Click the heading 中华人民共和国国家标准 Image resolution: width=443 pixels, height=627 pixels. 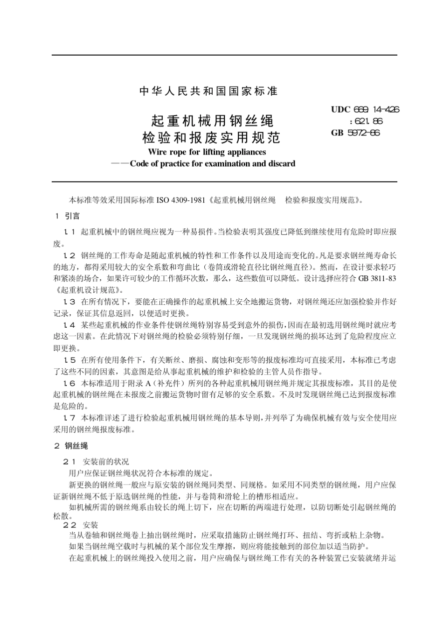pos(208,92)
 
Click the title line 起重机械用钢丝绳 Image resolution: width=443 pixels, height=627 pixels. pos(213,120)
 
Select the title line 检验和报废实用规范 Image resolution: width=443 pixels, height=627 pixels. pos(211,138)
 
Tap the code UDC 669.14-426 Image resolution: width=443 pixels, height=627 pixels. pos(365,110)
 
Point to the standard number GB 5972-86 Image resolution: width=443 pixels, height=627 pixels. pos(355,133)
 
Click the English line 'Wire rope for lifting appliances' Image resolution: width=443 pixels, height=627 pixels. pos(207,152)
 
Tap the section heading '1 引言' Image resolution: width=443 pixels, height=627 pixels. pos(68,216)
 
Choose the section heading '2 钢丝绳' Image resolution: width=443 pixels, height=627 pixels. pos(71,445)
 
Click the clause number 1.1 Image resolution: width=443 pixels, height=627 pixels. pos(69,232)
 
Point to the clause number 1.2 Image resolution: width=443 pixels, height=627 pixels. pos(69,255)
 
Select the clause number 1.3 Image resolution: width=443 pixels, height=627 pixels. pos(69,302)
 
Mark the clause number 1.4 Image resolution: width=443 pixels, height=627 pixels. pos(69,324)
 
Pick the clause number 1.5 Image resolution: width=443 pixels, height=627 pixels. pos(69,360)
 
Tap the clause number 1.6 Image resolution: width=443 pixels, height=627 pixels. pos(69,383)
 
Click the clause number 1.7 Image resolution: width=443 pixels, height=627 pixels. pos(69,417)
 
